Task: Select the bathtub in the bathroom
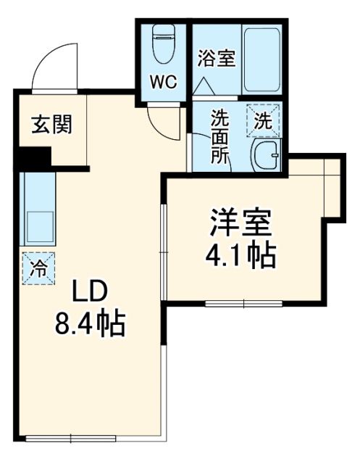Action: (x=262, y=59)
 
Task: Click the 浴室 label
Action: (x=217, y=57)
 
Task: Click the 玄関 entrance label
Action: (x=51, y=125)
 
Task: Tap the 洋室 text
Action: (x=241, y=222)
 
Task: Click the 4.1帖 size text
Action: (x=241, y=255)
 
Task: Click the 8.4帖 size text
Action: (x=90, y=323)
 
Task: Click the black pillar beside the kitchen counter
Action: (x=34, y=157)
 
